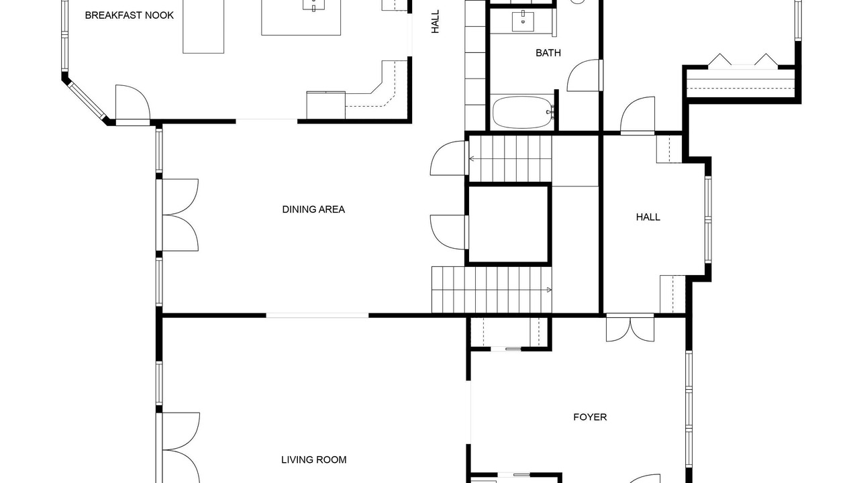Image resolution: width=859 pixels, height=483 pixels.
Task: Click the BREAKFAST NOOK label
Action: [x=130, y=15]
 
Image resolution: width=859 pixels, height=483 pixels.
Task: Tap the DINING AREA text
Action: [x=313, y=209]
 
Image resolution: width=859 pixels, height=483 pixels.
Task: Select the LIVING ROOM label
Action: [x=313, y=460]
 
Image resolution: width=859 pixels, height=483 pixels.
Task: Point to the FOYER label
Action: [x=590, y=417]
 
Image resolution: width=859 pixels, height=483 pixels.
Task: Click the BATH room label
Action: [x=548, y=53]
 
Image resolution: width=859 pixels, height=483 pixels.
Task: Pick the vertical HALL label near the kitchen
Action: [x=436, y=21]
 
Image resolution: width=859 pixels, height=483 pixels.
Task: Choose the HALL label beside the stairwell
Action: [x=648, y=217]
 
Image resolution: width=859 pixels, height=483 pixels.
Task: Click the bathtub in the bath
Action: [x=523, y=112]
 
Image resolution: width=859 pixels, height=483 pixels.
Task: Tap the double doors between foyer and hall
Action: [x=629, y=328]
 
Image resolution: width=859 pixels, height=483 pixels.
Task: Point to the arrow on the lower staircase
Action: [x=549, y=290]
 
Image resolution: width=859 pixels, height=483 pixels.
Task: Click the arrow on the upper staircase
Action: [x=472, y=158]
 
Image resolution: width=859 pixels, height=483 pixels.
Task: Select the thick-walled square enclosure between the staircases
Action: [x=509, y=225]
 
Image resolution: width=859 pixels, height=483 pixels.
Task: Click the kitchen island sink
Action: [x=313, y=4]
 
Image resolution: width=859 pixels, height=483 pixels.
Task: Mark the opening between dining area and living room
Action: [x=317, y=315]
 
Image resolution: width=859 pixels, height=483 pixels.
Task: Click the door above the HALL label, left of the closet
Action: [x=638, y=115]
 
